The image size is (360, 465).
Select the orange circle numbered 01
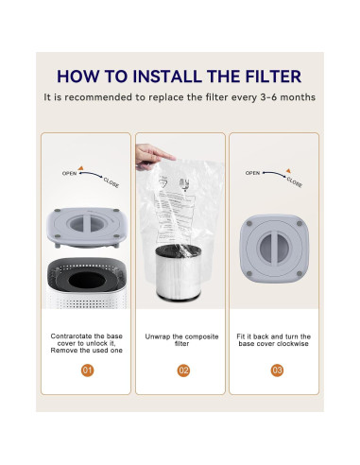tap(86, 370)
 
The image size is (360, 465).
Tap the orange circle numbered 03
tap(276, 370)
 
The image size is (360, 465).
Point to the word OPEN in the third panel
tap(252, 173)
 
